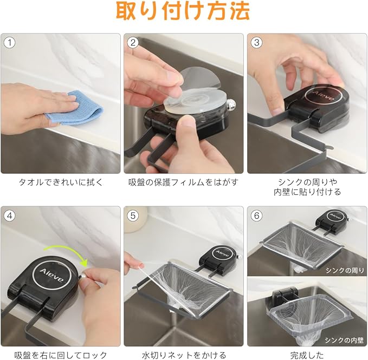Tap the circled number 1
point(10,43)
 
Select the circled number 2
point(133,43)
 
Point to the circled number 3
point(256,43)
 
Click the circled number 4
point(10,215)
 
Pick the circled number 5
point(133,215)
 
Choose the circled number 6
point(256,215)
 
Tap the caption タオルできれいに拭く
point(61,182)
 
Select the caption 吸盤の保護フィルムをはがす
point(184,182)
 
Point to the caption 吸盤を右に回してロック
point(61,355)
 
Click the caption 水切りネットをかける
point(184,355)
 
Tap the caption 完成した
point(307,355)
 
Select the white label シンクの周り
point(345,270)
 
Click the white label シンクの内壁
point(344,340)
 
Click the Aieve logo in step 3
point(324,96)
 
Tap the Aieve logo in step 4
point(51,276)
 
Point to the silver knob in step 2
point(231,103)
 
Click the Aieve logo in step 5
point(221,254)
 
